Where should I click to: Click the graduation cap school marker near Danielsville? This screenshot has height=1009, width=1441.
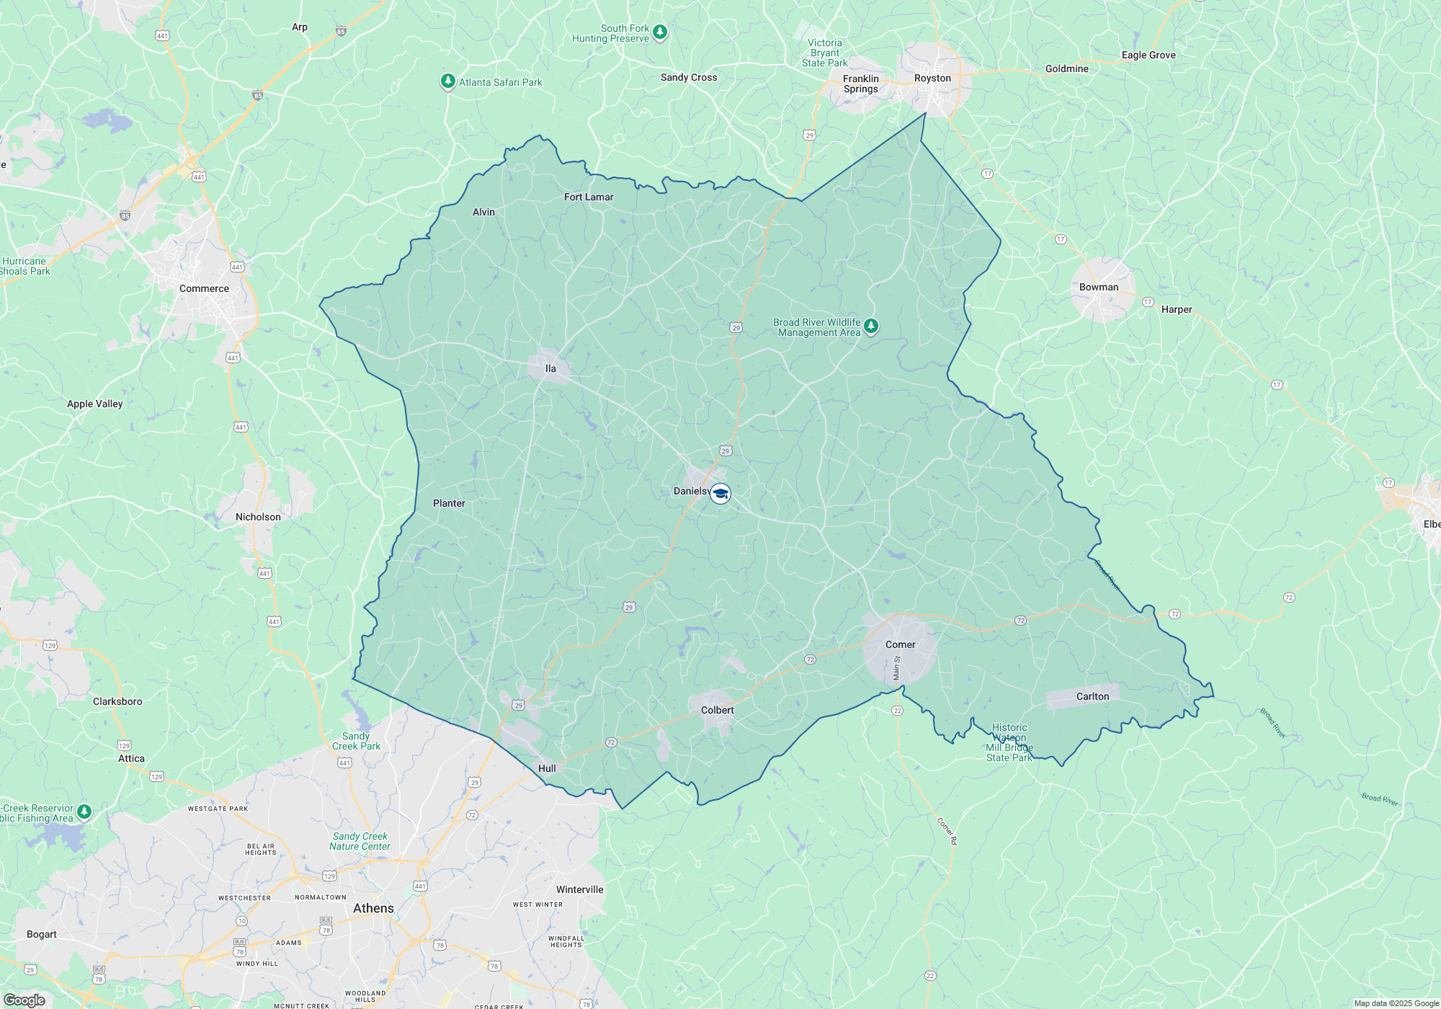[720, 494]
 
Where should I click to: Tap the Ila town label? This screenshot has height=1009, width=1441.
[550, 369]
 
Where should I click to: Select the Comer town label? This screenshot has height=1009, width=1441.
[900, 645]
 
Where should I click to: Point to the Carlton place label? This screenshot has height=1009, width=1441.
[1092, 697]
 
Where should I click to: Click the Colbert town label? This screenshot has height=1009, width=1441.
[717, 711]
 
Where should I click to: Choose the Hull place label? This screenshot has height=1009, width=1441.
[547, 769]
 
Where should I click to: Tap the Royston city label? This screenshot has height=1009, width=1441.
[932, 79]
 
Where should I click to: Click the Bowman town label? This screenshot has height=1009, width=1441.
[1098, 288]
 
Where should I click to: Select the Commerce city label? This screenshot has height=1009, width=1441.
[204, 289]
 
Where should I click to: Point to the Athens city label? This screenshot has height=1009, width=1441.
[373, 909]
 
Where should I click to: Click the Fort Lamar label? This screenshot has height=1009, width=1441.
[589, 197]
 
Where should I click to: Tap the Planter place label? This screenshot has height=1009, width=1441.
[449, 504]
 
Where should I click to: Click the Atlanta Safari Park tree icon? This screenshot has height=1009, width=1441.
[448, 81]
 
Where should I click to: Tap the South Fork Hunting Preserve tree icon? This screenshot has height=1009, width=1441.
[660, 32]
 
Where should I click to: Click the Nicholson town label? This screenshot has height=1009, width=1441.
[258, 517]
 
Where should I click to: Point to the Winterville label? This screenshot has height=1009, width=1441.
[579, 890]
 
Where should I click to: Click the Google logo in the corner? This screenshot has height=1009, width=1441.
[24, 1000]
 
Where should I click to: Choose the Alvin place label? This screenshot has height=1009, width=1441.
[483, 213]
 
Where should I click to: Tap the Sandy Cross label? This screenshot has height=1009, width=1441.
[689, 78]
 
